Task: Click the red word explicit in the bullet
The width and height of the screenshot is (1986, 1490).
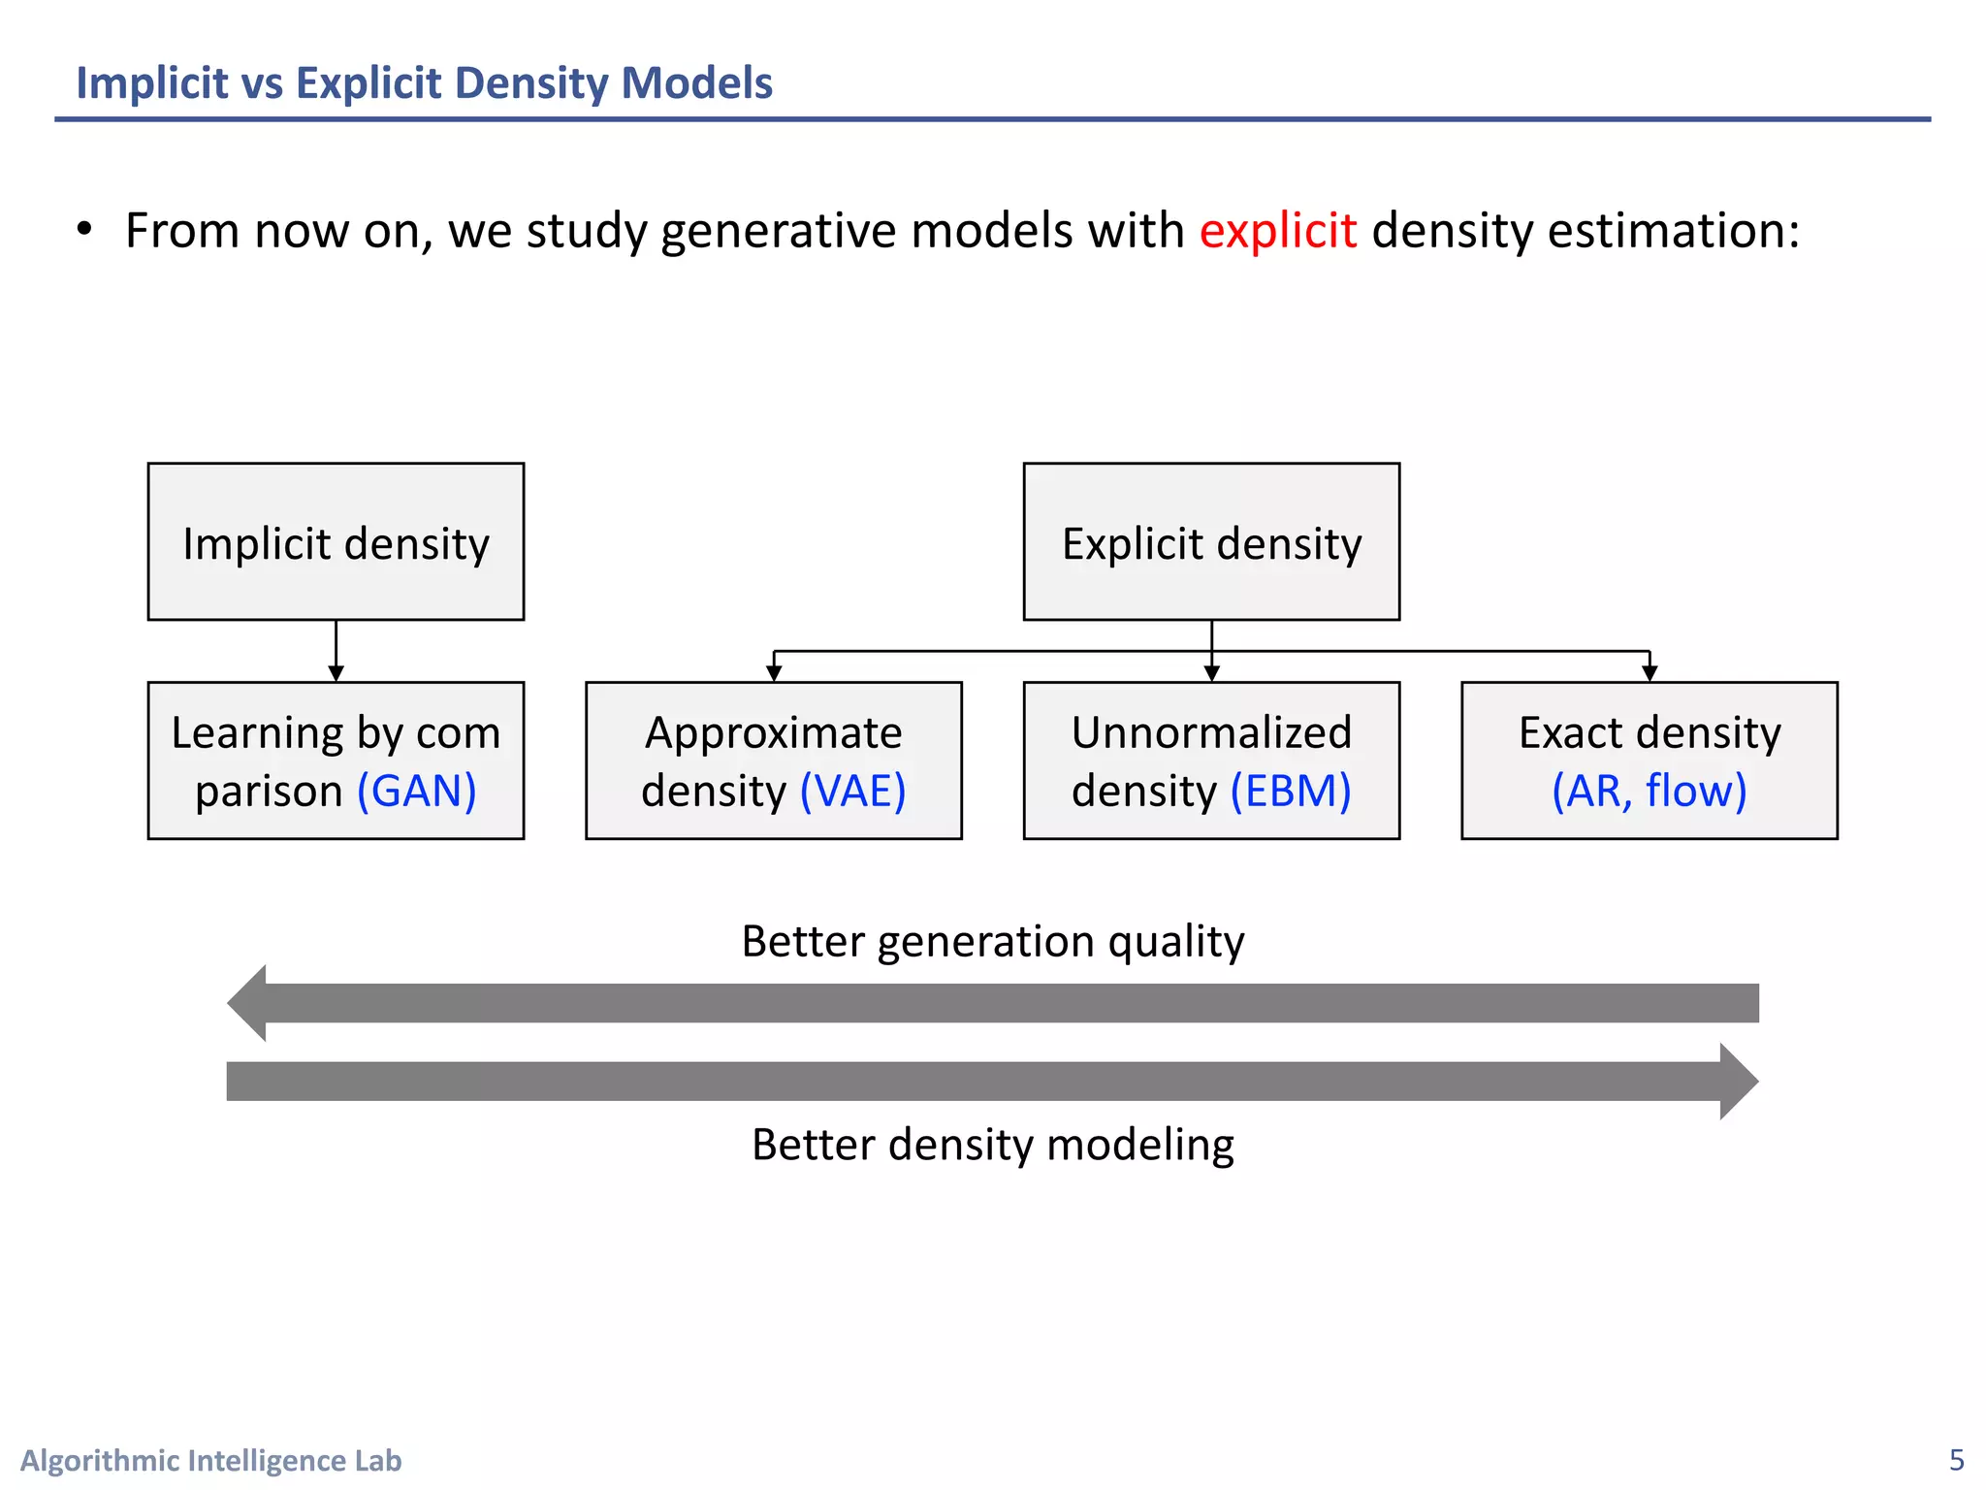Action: [x=1277, y=231]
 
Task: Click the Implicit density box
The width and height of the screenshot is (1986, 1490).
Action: [x=336, y=541]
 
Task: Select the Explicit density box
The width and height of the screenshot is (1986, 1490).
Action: [x=1211, y=541]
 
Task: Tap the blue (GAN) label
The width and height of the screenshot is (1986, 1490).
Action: [x=417, y=791]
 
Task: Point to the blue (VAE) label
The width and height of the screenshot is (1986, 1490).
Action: [x=852, y=791]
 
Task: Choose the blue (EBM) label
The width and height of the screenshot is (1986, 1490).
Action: [x=1290, y=791]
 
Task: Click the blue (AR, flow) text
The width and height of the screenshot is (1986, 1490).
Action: [x=1649, y=791]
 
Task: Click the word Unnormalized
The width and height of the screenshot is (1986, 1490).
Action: [x=1211, y=732]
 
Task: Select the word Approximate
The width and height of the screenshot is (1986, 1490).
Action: [x=773, y=732]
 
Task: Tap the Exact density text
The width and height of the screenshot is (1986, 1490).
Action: [x=1649, y=732]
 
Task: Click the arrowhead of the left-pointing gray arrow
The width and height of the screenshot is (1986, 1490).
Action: [x=248, y=1003]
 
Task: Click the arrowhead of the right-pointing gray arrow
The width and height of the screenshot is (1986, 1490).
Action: [x=1738, y=1082]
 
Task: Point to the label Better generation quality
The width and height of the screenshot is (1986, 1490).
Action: [x=992, y=941]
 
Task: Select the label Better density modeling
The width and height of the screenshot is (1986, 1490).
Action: [x=992, y=1145]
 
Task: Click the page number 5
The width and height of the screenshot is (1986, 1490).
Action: [x=1956, y=1459]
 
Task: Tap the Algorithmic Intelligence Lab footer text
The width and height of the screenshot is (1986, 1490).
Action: [x=210, y=1460]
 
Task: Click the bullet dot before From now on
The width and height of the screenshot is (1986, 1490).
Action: [x=85, y=230]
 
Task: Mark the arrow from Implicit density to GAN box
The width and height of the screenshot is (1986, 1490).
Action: [x=336, y=651]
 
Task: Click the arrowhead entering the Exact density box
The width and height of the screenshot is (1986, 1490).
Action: [x=1650, y=673]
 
